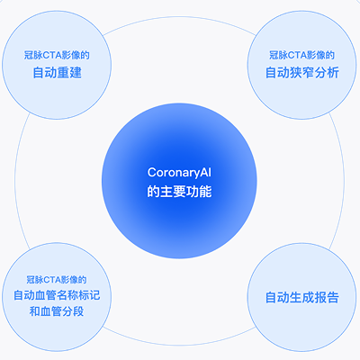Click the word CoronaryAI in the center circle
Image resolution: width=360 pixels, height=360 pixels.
click(179, 173)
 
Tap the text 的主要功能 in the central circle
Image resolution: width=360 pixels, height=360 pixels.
click(179, 192)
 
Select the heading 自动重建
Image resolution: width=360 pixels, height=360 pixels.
click(57, 73)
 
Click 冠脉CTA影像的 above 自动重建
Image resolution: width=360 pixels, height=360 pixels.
click(57, 55)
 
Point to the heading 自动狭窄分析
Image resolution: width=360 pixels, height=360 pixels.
click(302, 73)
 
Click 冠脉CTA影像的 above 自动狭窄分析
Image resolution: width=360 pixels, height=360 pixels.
click(301, 55)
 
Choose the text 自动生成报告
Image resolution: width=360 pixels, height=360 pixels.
click(302, 297)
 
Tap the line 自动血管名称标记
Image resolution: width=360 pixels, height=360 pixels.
click(57, 295)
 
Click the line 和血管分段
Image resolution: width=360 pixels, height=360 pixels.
click(57, 311)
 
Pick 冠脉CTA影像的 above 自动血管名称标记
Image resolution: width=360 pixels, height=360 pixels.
click(57, 280)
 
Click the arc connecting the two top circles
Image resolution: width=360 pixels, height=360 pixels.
click(179, 16)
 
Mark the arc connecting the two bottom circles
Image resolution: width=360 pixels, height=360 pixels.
click(179, 345)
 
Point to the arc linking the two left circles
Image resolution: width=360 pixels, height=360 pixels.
click(15, 180)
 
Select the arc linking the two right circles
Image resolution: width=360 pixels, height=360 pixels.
click(344, 180)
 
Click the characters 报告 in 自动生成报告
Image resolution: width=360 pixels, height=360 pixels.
click(327, 297)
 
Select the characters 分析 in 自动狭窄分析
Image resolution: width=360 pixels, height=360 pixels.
click(327, 73)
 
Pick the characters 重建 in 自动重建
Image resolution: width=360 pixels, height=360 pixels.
click(69, 73)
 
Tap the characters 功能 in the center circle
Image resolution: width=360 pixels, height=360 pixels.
click(200, 192)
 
